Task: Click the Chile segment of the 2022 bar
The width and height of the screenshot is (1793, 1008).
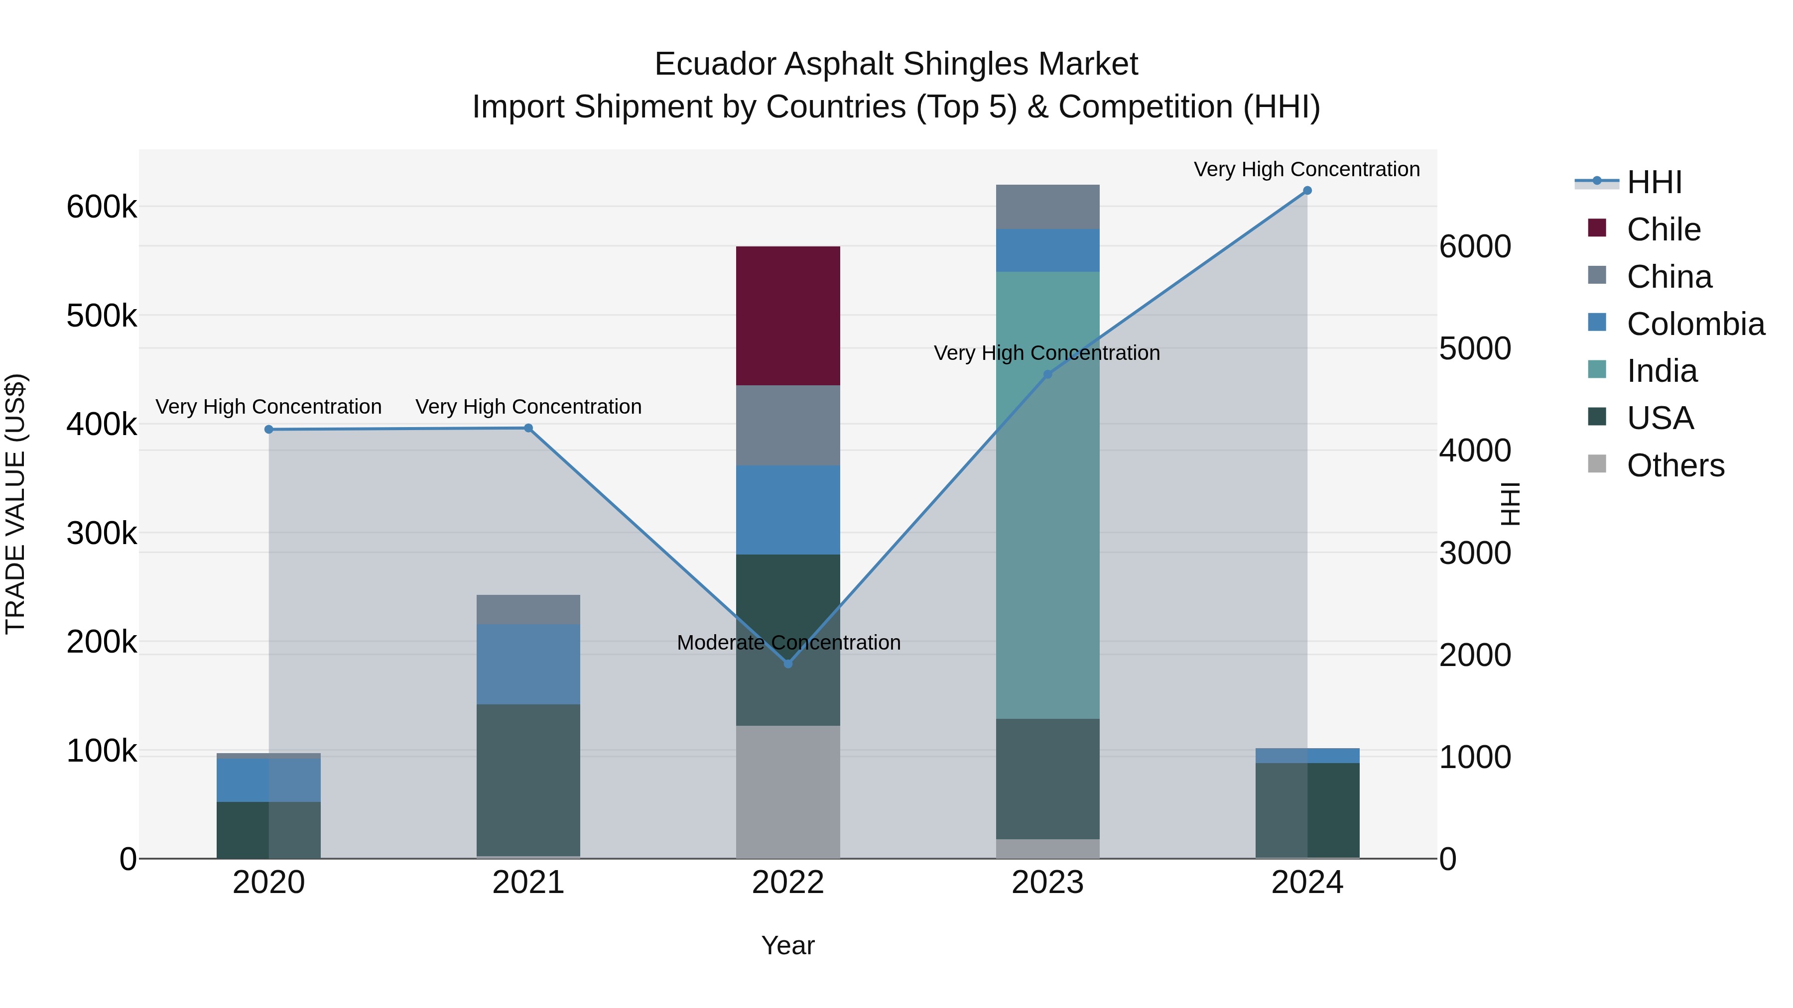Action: click(788, 315)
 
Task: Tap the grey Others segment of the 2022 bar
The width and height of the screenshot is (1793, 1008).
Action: click(788, 791)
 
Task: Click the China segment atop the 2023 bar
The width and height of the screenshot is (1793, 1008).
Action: click(1047, 207)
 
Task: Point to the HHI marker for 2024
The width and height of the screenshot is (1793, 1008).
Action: click(1307, 191)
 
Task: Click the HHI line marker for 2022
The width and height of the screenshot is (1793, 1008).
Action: click(788, 664)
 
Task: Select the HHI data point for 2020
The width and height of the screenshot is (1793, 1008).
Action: click(268, 429)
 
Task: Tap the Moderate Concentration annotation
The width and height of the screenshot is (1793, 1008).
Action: click(788, 642)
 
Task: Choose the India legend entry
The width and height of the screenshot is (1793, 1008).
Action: click(1662, 371)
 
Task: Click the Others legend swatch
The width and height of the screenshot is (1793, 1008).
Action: click(1597, 464)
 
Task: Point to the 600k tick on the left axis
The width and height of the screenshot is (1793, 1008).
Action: click(102, 207)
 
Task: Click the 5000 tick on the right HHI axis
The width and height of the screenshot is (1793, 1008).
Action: click(1475, 348)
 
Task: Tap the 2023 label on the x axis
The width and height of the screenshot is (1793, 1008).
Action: click(1047, 883)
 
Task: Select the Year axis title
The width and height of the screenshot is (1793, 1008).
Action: click(788, 945)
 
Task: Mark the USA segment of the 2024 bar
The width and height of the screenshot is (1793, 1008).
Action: click(1307, 810)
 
